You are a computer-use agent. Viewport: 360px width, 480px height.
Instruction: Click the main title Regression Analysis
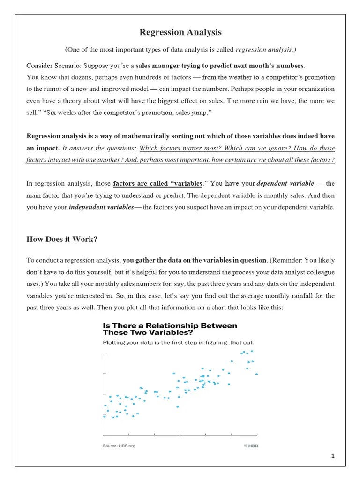click(180, 32)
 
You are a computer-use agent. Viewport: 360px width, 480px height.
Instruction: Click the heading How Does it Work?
click(62, 239)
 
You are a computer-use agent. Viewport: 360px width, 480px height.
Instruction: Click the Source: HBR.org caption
click(119, 445)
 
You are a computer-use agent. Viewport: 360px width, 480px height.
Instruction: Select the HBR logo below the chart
click(251, 445)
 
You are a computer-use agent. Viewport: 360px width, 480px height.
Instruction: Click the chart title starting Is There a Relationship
click(170, 329)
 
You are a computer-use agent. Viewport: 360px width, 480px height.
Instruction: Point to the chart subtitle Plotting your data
click(178, 342)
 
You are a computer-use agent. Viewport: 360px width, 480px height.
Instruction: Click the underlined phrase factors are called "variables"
click(158, 183)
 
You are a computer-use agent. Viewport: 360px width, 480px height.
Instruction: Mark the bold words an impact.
click(43, 148)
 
